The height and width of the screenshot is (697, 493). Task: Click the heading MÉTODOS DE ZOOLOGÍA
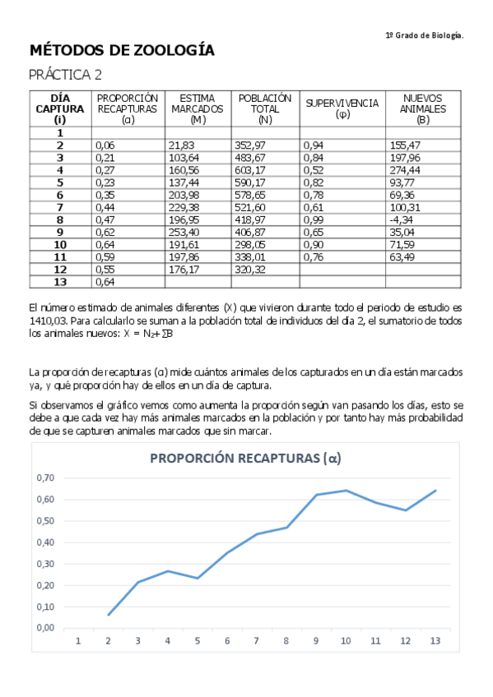[x=122, y=51]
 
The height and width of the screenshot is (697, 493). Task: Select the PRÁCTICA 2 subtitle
[x=65, y=75]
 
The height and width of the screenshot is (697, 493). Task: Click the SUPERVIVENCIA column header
[x=342, y=108]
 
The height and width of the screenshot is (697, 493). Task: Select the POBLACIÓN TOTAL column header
[x=265, y=108]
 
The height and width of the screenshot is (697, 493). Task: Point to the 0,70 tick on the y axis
[x=48, y=478]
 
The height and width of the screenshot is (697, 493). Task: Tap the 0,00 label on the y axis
[x=48, y=627]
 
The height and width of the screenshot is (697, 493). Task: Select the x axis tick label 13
[x=435, y=641]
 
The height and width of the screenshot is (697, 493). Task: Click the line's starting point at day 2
[x=108, y=615]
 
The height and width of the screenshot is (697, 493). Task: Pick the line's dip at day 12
[x=406, y=510]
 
